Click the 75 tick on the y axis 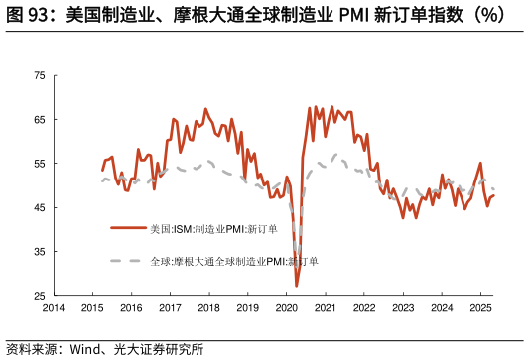coord(39,75)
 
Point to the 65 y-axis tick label coord(39,120)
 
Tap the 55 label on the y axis coord(39,164)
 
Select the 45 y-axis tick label coord(39,208)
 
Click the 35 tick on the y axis coord(39,252)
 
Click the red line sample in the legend coord(127,228)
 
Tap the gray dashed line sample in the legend coord(127,262)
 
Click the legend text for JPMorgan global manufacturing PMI coord(234,262)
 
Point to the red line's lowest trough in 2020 coord(297,286)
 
